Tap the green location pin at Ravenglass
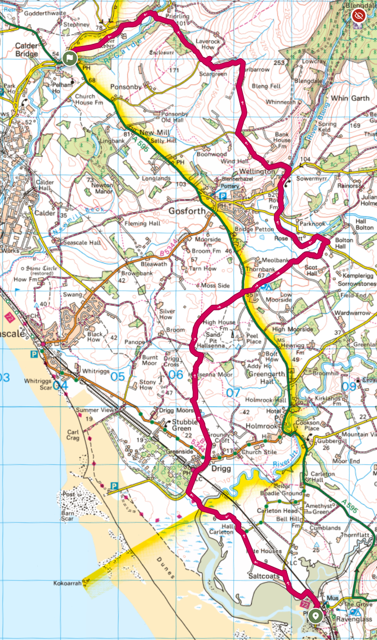[316, 615]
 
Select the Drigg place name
[220, 469]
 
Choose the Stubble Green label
[175, 425]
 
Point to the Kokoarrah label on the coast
[68, 583]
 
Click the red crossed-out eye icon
[359, 16]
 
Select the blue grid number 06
[175, 375]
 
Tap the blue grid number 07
[233, 392]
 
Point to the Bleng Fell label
[265, 86]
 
